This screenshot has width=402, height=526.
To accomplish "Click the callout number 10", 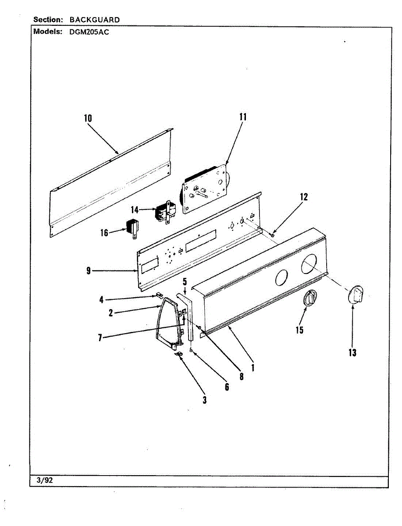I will click(x=88, y=117).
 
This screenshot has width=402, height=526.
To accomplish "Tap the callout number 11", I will click(x=243, y=117).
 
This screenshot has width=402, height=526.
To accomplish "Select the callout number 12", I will click(x=303, y=197).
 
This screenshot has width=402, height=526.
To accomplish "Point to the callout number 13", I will click(x=352, y=352).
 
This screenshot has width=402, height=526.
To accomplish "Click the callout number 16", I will click(x=104, y=233).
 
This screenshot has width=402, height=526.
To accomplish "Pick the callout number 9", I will click(x=88, y=271).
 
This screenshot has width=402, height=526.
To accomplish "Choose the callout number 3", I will click(x=204, y=399).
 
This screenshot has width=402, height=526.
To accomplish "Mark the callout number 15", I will click(x=299, y=330).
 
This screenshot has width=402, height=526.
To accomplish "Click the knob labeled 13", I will click(x=356, y=293).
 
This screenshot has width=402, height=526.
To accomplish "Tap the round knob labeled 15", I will click(x=310, y=299).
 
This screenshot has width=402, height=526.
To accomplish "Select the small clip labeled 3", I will click(x=179, y=353).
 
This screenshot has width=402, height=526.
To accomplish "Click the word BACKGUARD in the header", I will click(x=94, y=20).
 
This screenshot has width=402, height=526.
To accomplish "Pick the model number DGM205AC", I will click(x=89, y=32).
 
